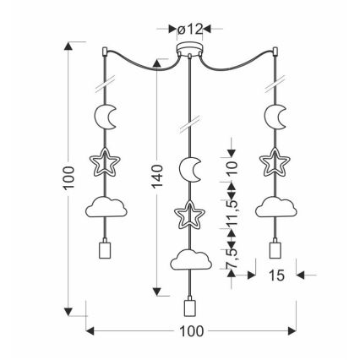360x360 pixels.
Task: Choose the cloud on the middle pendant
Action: [x=191, y=259]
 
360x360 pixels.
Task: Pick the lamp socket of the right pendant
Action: [x=274, y=251]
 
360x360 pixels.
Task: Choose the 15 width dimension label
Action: [x=276, y=275]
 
